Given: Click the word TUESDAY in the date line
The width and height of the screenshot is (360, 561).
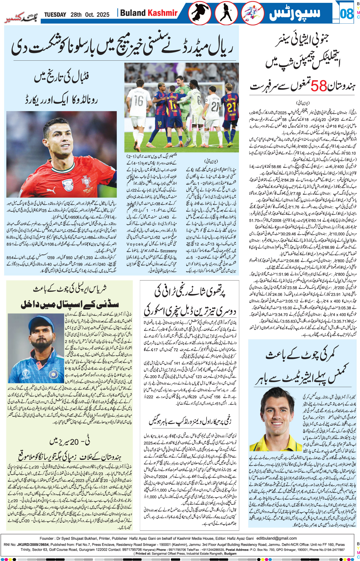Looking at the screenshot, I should tap(55, 15).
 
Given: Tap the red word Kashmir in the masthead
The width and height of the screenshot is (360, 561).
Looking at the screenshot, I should tap(163, 13).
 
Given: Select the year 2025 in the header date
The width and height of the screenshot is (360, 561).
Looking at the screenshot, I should tap(103, 15).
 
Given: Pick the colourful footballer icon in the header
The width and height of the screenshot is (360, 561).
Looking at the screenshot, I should tap(252, 13).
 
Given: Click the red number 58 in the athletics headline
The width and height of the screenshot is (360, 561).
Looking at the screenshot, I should tap(318, 86).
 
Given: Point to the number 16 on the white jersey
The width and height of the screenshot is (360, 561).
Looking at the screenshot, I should tap(139, 101).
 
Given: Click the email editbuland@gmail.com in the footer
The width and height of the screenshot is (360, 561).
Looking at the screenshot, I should tap(277, 538).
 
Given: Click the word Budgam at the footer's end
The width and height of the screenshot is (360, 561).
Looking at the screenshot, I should tap(230, 554).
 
